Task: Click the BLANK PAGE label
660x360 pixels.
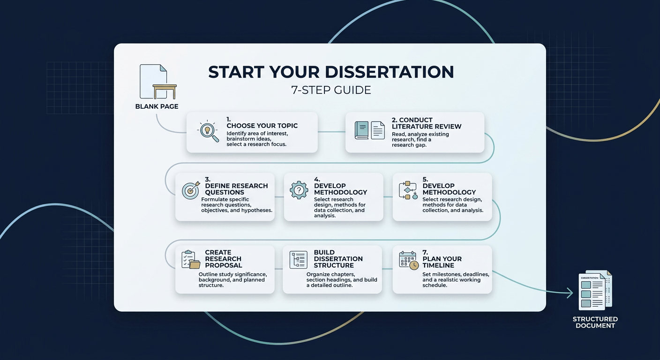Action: tap(157, 106)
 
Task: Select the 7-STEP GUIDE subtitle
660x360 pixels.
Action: tap(331, 90)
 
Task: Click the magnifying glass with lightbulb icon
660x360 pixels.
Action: tap(208, 132)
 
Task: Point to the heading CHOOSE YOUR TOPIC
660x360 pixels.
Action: tap(262, 126)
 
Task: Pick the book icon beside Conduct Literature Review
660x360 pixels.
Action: tap(362, 130)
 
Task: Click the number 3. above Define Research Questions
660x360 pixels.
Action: tap(208, 180)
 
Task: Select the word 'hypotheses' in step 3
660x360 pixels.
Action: tap(256, 210)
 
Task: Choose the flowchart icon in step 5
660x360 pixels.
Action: tap(407, 190)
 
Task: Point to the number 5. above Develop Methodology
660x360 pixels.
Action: tap(426, 180)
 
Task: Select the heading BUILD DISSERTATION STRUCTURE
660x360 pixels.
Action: tap(338, 259)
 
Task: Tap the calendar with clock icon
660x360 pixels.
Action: tap(408, 260)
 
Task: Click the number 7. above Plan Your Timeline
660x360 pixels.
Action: tap(426, 252)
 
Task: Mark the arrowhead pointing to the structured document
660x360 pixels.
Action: tap(569, 293)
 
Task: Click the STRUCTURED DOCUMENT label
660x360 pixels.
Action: tap(595, 322)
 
